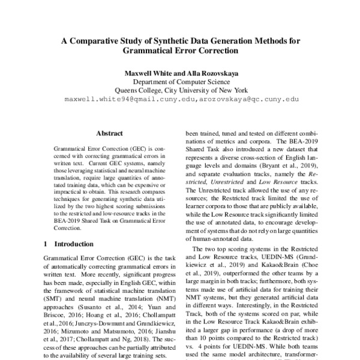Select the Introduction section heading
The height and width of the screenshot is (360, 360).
coord(76,244)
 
